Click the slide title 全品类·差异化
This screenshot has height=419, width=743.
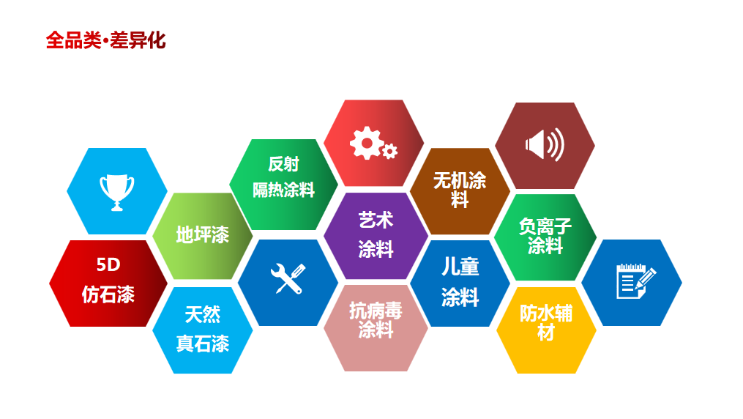pos(105,40)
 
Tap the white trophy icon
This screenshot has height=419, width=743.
pos(117,192)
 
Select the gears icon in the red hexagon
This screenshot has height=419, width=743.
pos(373,144)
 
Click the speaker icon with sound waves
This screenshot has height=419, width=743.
pos(545,144)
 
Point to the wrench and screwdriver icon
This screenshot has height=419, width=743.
pos(288,278)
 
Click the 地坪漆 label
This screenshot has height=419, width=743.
pos(202,234)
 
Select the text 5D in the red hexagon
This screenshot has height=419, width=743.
pos(108,264)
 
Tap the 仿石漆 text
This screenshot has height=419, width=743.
pos(108,294)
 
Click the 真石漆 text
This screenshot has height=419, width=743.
pos(202,344)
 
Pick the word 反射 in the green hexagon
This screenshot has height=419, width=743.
pos(283,164)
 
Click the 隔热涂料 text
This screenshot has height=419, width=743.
pos(283,190)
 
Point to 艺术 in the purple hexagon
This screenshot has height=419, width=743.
pos(376,220)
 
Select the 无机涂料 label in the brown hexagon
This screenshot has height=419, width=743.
pos(460,190)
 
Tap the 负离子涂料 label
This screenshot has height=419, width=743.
pos(545,236)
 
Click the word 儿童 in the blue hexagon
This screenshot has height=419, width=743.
pos(460,267)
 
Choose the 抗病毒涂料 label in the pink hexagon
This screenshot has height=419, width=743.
pos(376,320)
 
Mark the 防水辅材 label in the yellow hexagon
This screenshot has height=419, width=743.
pos(546,322)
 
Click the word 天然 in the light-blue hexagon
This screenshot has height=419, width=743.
pos(202,314)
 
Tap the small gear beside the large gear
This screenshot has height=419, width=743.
pos(389,152)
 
